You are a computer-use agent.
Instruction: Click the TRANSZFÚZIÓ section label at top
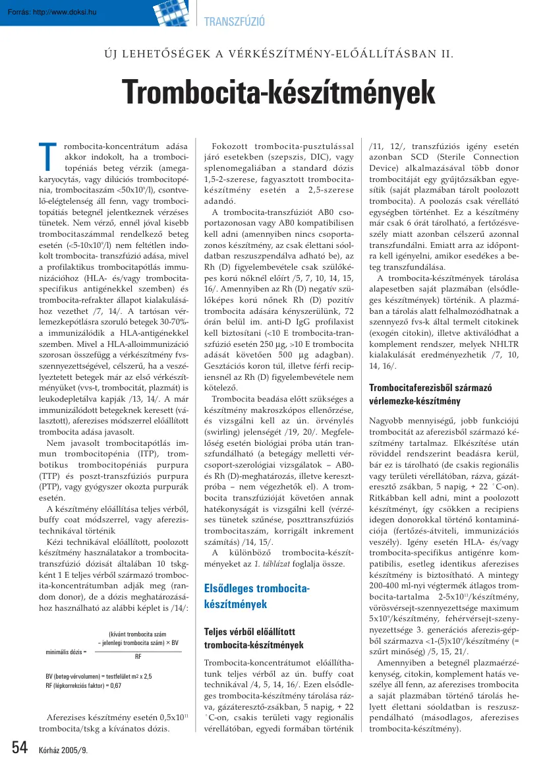pyautogui.click(x=235, y=22)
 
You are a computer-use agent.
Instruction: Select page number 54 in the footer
pyautogui.click(x=20, y=748)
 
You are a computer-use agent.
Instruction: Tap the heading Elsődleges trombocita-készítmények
pyautogui.click(x=256, y=596)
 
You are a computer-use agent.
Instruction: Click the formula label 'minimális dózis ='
pyautogui.click(x=66, y=652)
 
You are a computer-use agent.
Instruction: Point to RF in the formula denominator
pyautogui.click(x=138, y=658)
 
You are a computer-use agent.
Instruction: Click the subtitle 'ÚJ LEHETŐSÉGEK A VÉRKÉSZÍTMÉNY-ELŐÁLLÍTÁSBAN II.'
pyautogui.click(x=272, y=53)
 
